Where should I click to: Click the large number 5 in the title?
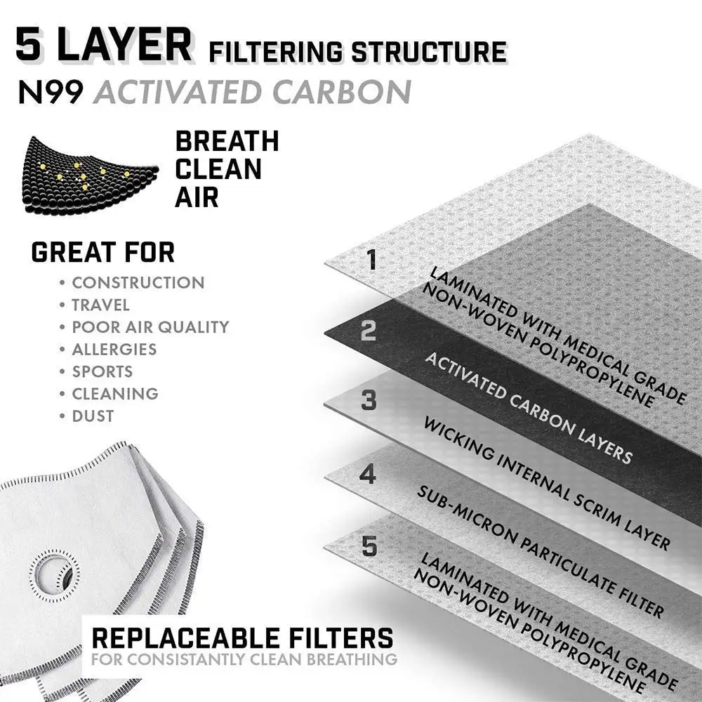(x=35, y=46)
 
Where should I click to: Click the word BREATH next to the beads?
(x=227, y=142)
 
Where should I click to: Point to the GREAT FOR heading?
(x=103, y=252)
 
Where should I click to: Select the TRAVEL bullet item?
(x=100, y=305)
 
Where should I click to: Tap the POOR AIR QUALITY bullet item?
(x=150, y=327)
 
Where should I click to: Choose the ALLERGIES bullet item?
(x=114, y=350)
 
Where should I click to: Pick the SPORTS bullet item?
(x=102, y=371)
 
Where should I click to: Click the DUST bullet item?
(x=93, y=416)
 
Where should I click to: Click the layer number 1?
(x=372, y=260)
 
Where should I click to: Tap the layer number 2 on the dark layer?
(x=369, y=331)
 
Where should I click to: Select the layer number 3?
(x=369, y=401)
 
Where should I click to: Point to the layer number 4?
(x=367, y=474)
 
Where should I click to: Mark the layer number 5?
(x=369, y=546)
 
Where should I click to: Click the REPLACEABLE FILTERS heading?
(x=242, y=638)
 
